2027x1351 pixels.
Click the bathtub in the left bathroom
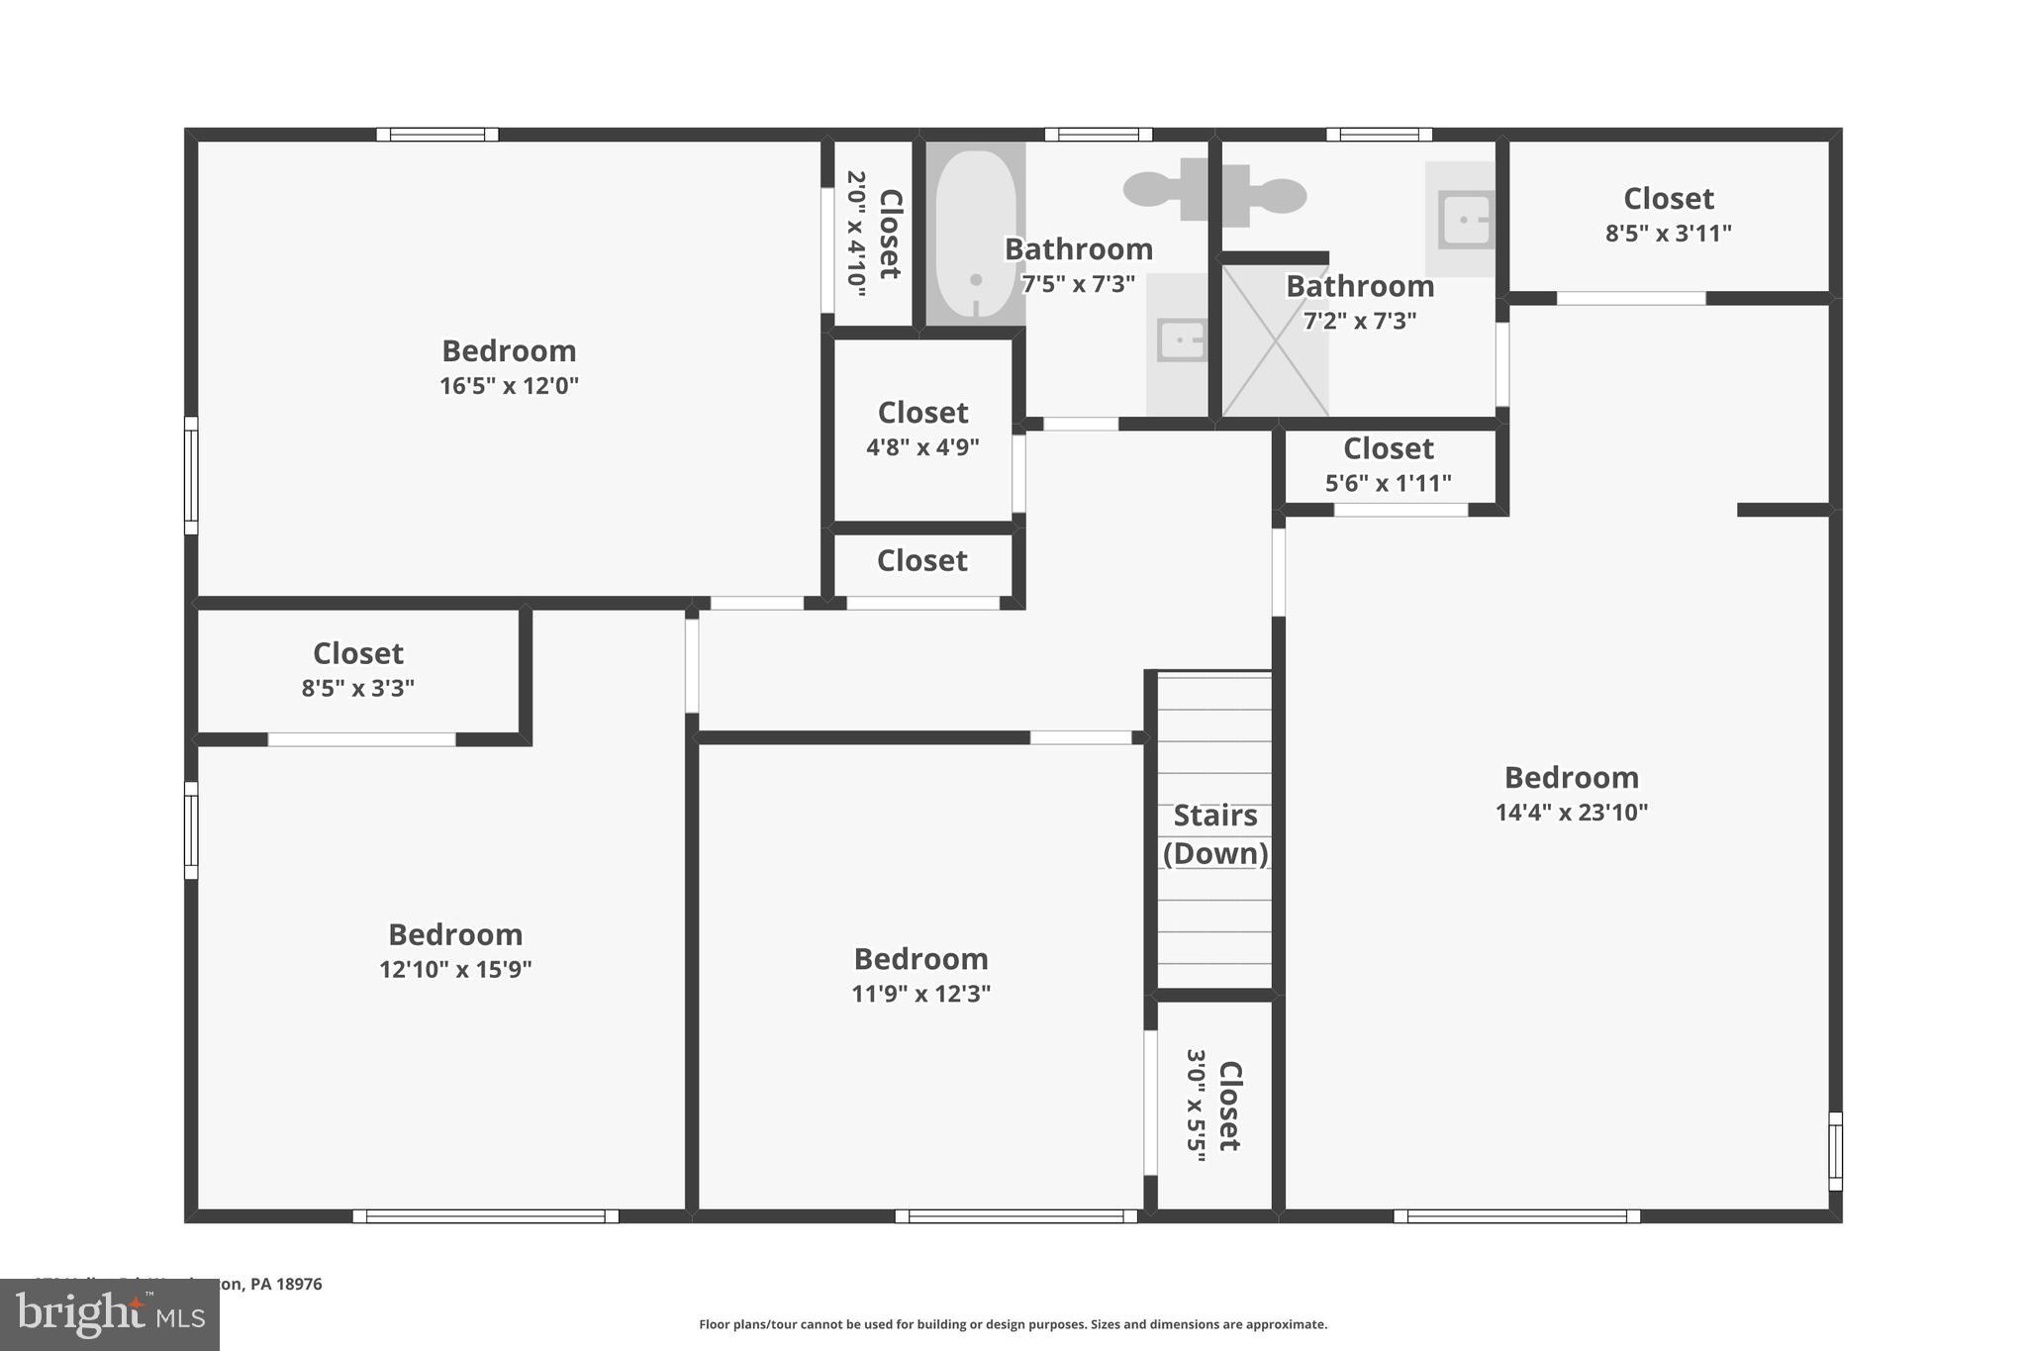tap(976, 234)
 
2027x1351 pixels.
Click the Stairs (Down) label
tap(1215, 834)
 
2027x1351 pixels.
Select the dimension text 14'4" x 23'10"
tap(1572, 813)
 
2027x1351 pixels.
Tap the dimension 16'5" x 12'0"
tap(509, 385)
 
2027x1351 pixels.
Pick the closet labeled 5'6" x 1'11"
tap(1389, 465)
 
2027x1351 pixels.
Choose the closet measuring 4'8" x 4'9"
tap(922, 429)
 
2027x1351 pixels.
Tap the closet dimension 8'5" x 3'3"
tap(358, 688)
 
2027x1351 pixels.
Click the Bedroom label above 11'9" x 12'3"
tap(920, 959)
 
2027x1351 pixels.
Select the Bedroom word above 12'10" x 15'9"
tap(455, 934)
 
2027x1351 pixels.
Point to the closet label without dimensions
tap(921, 561)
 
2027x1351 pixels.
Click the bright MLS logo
tap(110, 1314)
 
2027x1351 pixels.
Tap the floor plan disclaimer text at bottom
tap(1013, 1324)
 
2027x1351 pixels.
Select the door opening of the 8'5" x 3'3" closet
tap(361, 739)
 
